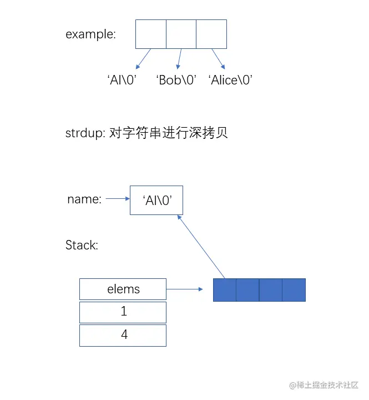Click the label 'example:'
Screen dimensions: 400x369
pyautogui.click(x=90, y=34)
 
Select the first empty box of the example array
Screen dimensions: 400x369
pyautogui.click(x=151, y=34)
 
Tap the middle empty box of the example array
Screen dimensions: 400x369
pyautogui.click(x=181, y=34)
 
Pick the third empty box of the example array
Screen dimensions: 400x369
pyautogui.click(x=211, y=34)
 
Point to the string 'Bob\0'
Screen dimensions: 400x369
pyautogui.click(x=176, y=79)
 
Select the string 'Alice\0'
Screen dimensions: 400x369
pyautogui.click(x=231, y=79)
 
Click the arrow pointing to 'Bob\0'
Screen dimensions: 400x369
pyautogui.click(x=179, y=59)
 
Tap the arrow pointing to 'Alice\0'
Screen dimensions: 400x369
pyautogui.click(x=218, y=58)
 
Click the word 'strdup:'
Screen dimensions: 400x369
pyautogui.click(x=83, y=133)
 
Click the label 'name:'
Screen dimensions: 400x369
pyautogui.click(x=84, y=199)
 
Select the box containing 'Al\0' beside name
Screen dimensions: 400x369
pyautogui.click(x=156, y=200)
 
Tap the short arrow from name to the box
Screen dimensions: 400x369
pyautogui.click(x=117, y=198)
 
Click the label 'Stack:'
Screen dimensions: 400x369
pyautogui.click(x=82, y=245)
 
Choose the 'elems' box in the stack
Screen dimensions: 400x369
pyautogui.click(x=123, y=289)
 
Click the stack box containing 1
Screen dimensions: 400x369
pyautogui.click(x=123, y=312)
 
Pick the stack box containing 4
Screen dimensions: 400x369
pyautogui.click(x=123, y=335)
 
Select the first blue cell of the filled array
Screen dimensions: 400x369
pyautogui.click(x=225, y=290)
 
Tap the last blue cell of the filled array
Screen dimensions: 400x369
pyautogui.click(x=294, y=290)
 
